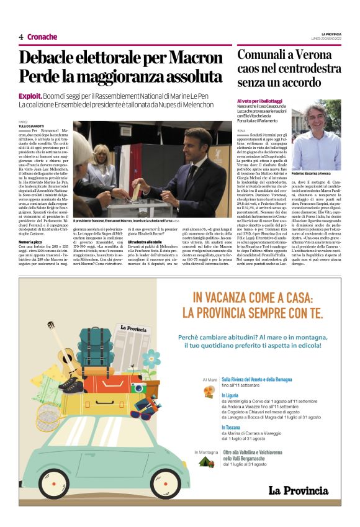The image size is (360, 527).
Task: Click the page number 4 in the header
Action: click(x=21, y=37)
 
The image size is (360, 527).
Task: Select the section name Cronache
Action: click(x=42, y=37)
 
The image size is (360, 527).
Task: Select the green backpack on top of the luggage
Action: click(x=96, y=344)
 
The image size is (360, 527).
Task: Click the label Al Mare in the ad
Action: click(x=210, y=379)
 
